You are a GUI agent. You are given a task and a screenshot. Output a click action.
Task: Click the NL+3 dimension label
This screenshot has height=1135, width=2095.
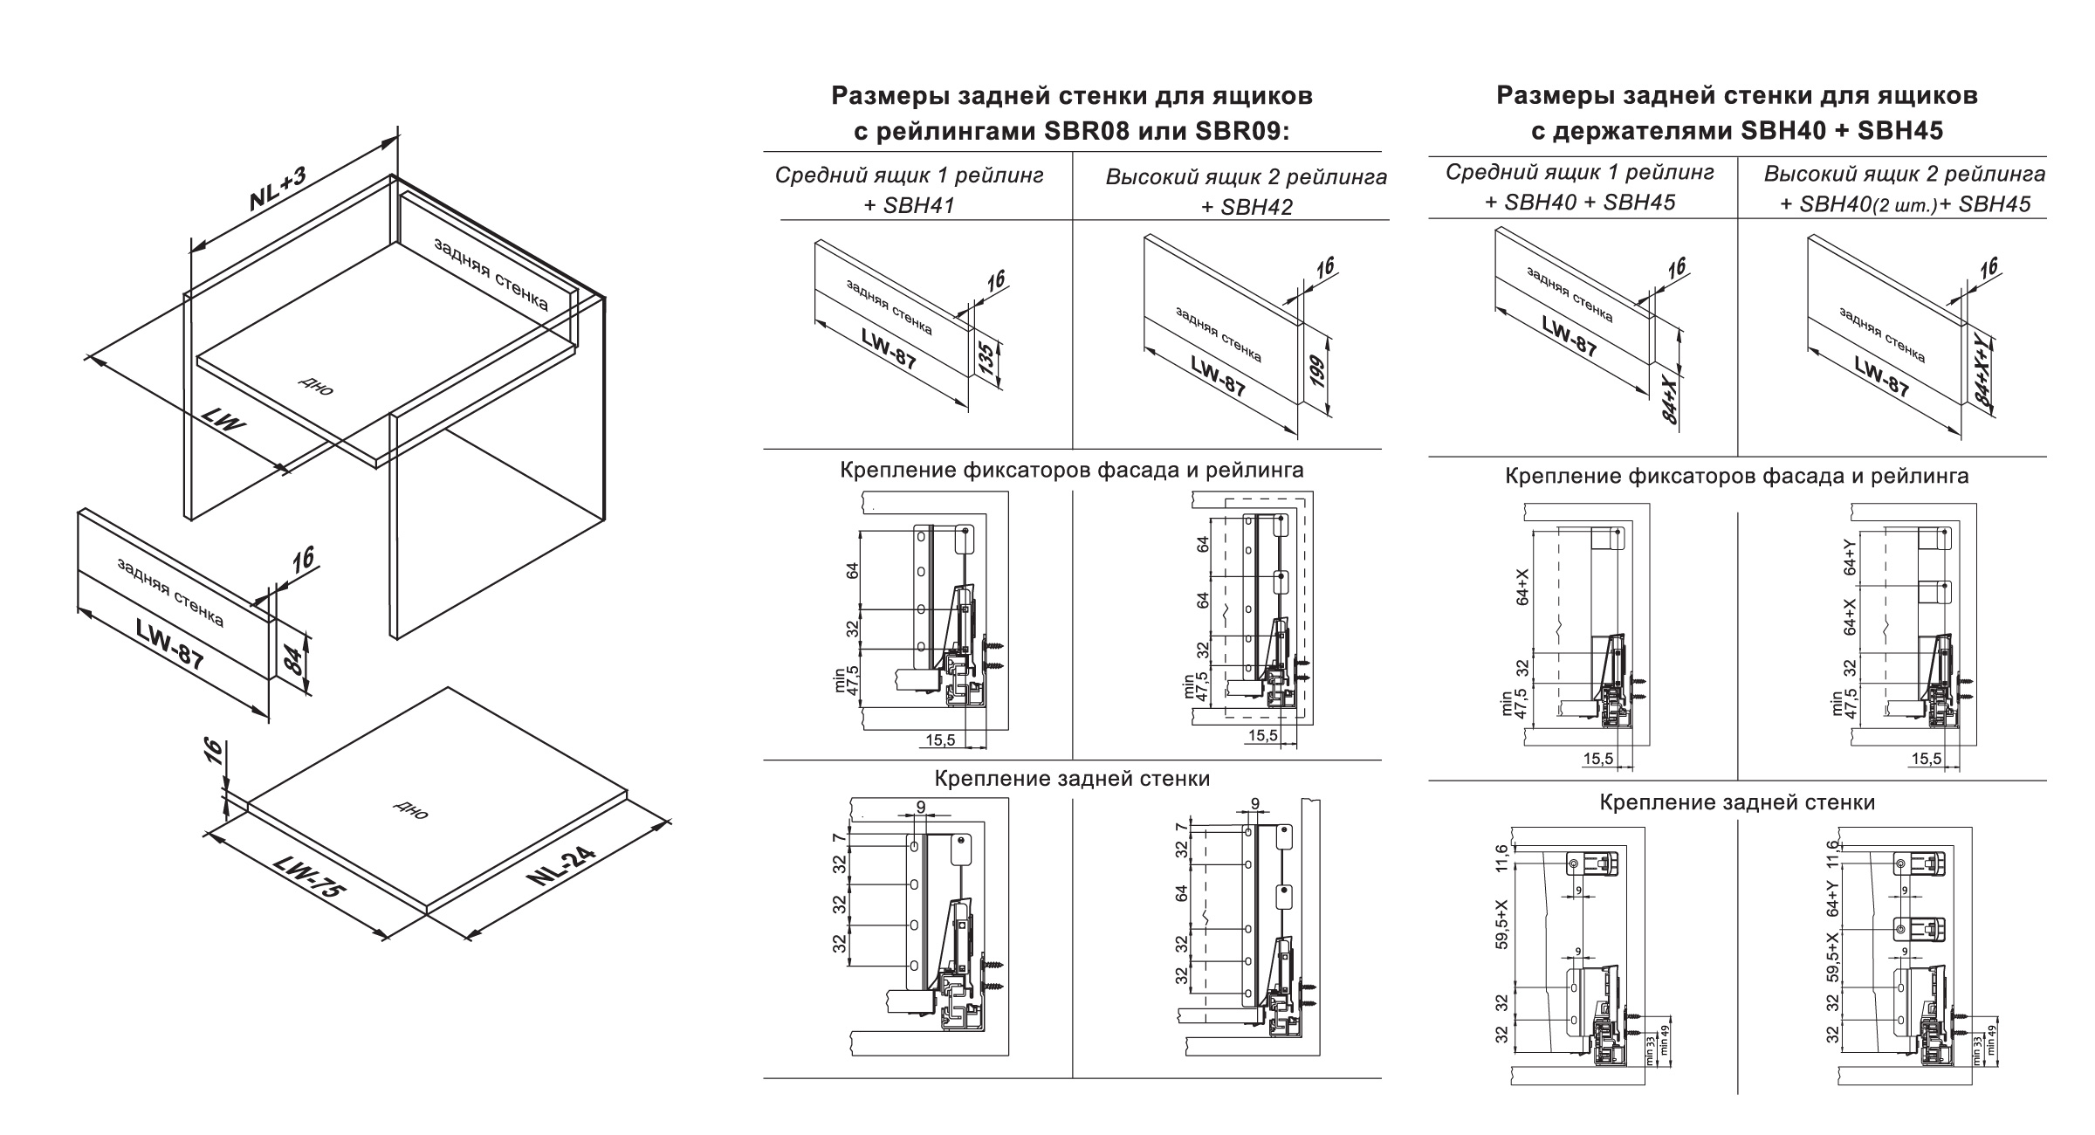pyautogui.click(x=278, y=189)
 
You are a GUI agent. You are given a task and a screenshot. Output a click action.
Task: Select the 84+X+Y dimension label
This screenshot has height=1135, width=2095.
pyautogui.click(x=1983, y=375)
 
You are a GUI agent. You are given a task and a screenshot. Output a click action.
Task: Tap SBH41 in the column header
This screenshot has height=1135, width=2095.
pyautogui.click(x=920, y=205)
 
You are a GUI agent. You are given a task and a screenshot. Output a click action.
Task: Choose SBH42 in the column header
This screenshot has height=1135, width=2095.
pyautogui.click(x=1258, y=207)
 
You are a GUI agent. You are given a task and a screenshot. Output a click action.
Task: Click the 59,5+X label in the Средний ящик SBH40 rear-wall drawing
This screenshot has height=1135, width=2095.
pyautogui.click(x=1501, y=925)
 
